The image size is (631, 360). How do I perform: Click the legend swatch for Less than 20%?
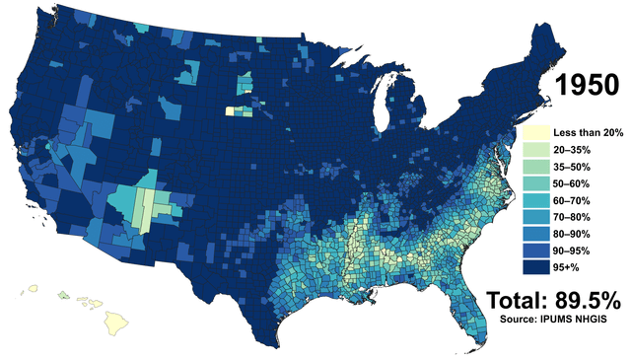[x=532, y=131]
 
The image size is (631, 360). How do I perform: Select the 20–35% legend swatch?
[x=532, y=148]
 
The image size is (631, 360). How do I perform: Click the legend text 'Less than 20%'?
[x=583, y=131]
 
